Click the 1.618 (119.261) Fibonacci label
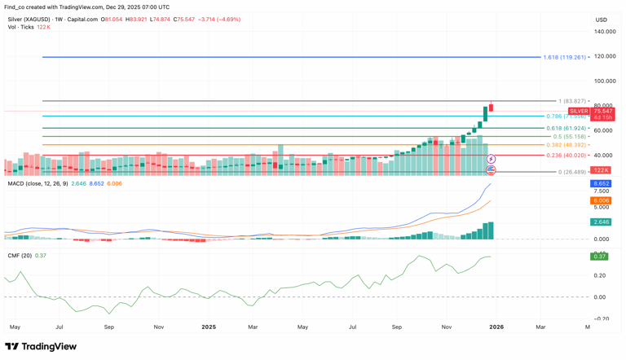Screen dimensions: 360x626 tap(566, 57)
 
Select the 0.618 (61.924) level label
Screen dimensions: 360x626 tap(566, 128)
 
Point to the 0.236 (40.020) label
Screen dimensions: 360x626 tap(566, 155)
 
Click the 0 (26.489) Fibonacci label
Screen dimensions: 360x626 tap(571, 172)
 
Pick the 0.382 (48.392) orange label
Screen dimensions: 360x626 tap(566, 145)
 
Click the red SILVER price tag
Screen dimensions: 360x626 tap(579, 111)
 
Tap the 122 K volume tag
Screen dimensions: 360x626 tap(601, 170)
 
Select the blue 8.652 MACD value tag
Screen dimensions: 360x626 tap(601, 184)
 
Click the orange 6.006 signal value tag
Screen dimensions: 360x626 tap(601, 200)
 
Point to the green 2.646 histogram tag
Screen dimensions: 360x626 tap(601, 222)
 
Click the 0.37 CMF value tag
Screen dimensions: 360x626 tap(601, 257)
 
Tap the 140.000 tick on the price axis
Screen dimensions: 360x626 tap(605, 32)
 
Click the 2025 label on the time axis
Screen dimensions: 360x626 tap(209, 327)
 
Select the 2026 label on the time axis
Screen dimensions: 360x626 tap(496, 327)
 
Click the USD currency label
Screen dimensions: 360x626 tap(602, 20)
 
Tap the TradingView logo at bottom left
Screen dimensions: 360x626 tap(41, 346)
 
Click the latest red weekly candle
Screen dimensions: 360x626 tap(492, 106)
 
